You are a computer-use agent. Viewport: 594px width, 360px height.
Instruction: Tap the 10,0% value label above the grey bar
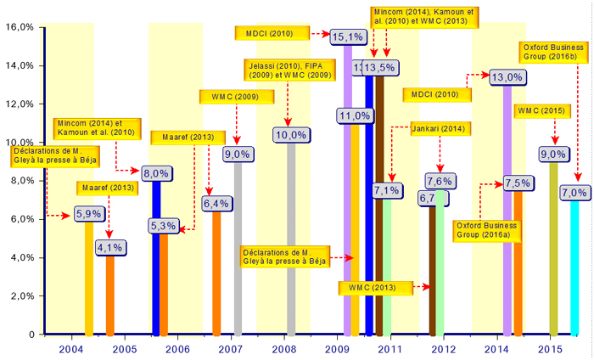pyautogui.click(x=291, y=134)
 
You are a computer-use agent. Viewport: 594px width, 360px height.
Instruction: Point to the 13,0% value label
pyautogui.click(x=507, y=77)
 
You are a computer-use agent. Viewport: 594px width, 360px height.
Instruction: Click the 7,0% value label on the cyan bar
pyautogui.click(x=574, y=194)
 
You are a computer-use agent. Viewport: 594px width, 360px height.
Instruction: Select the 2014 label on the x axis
pyautogui.click(x=497, y=348)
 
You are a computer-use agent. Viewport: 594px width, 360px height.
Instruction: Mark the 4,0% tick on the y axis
pyautogui.click(x=20, y=258)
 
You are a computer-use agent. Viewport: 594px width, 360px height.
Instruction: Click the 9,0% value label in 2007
pyautogui.click(x=237, y=154)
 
